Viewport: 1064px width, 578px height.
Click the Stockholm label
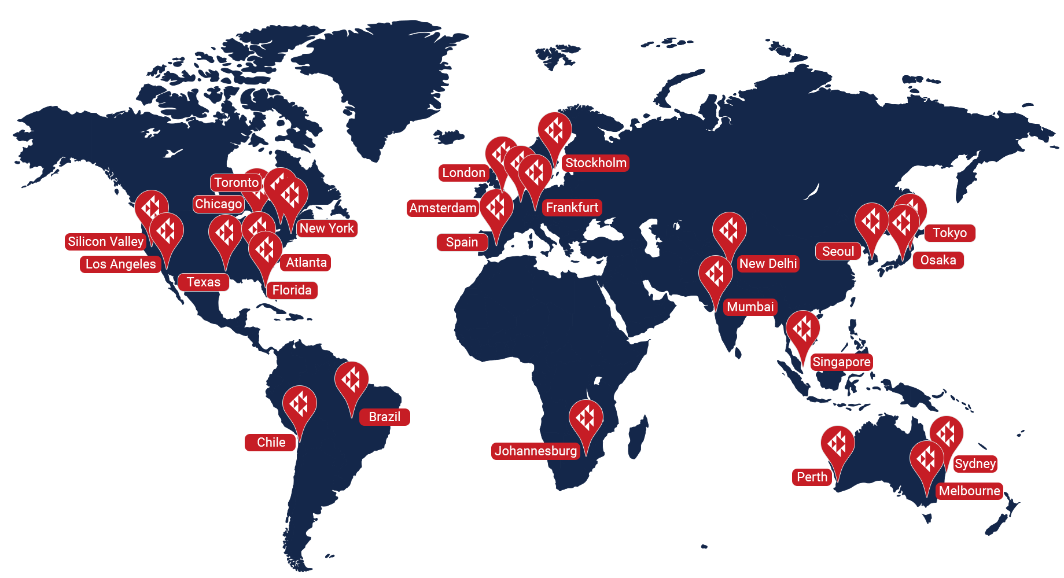595,163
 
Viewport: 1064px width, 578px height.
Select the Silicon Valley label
105,242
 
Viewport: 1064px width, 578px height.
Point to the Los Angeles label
120,264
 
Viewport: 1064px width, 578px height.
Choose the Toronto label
236,183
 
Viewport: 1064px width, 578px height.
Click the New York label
327,229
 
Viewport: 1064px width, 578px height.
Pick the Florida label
292,290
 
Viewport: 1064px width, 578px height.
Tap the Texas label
203,282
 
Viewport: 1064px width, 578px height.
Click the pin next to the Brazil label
351,380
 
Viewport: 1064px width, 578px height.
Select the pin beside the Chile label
299,404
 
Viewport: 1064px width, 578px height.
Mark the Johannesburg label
536,451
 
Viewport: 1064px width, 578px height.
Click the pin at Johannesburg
586,418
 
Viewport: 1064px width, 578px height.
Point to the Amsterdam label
443,208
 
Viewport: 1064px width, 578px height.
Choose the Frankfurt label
572,208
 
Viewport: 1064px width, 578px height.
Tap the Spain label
462,242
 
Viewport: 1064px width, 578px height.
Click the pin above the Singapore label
802,329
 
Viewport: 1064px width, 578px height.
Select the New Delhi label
768,264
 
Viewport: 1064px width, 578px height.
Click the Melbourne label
969,491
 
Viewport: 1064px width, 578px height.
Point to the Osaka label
938,260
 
